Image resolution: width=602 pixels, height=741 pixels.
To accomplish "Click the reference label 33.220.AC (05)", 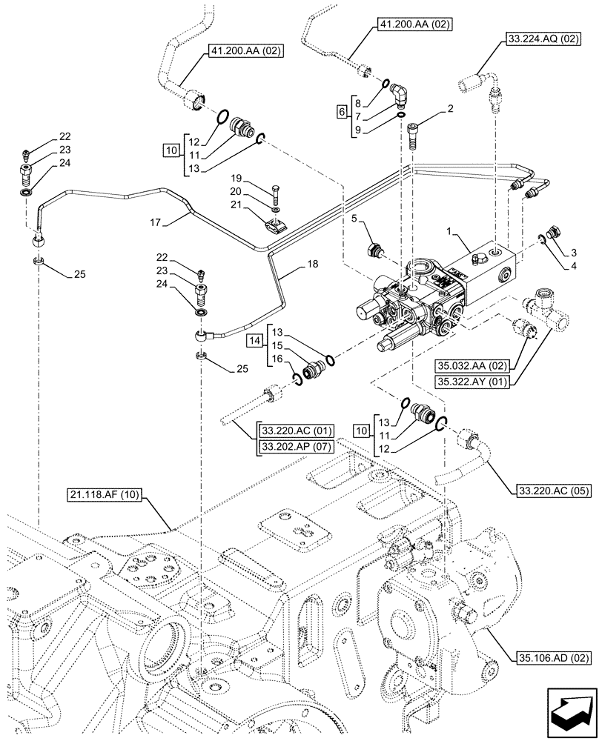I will click(x=551, y=489).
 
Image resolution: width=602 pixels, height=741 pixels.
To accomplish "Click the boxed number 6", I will click(x=342, y=110).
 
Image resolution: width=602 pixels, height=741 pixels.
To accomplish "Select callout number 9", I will click(x=359, y=130).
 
